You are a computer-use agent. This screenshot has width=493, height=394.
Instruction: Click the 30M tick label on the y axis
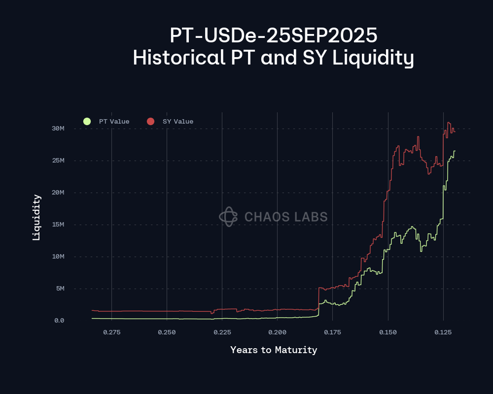coord(58,129)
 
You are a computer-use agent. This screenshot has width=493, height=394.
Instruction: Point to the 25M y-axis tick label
coord(58,161)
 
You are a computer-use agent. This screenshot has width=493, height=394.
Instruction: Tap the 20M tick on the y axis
coord(58,193)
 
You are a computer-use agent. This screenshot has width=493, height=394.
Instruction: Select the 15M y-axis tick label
coord(58,225)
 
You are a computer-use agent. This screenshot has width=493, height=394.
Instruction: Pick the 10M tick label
coord(58,257)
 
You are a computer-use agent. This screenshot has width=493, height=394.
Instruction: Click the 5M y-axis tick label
coord(60,289)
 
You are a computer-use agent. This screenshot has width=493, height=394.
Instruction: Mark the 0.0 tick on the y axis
coord(59,321)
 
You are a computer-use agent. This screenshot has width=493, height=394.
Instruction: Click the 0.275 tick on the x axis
coord(112,332)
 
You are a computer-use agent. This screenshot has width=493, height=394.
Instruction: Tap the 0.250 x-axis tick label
coord(167,332)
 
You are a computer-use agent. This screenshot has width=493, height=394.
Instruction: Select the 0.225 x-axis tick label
coord(222,332)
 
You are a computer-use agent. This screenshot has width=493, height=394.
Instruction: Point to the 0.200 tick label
coord(278,332)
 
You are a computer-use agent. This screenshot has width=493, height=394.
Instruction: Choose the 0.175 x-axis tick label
coord(333,332)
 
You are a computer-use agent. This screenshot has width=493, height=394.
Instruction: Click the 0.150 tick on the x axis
coord(388,332)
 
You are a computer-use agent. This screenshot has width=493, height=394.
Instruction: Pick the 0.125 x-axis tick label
coord(443,332)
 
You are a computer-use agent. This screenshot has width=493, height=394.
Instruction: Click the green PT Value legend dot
coord(87,121)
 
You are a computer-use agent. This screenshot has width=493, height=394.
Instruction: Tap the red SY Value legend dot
coord(151,121)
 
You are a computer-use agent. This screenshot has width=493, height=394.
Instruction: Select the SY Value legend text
coord(178,122)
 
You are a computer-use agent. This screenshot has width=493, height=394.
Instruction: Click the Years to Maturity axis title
coord(274,350)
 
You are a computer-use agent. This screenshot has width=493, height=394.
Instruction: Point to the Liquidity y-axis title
coord(36,217)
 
